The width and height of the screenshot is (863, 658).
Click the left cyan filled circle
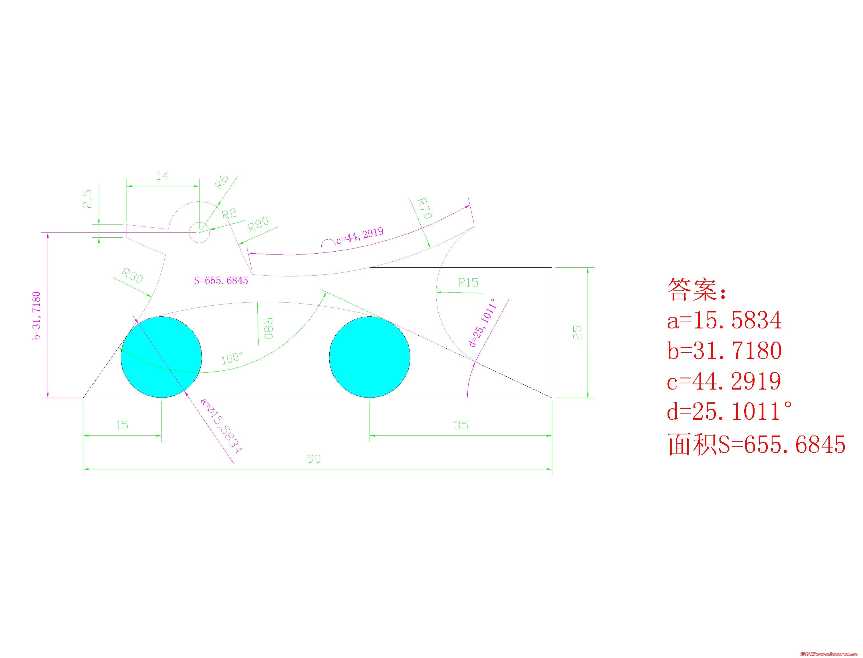(x=161, y=357)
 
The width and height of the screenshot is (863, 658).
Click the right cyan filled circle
(x=370, y=357)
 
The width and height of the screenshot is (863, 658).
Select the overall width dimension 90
(x=314, y=459)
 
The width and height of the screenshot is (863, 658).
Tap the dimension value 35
(x=461, y=425)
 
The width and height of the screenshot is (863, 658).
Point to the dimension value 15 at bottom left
(x=122, y=425)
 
